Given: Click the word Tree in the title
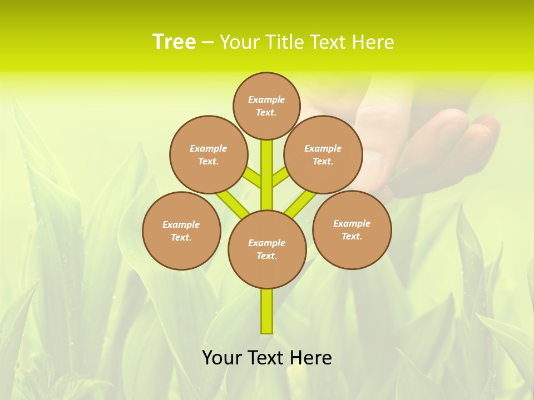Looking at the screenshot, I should click(x=174, y=42).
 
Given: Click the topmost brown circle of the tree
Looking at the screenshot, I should click(x=266, y=106).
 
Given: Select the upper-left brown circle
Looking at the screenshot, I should click(x=208, y=154).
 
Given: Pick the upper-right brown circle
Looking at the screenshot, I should click(x=323, y=154).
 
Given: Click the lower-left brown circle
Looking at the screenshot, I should click(x=181, y=231).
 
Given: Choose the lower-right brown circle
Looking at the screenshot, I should click(x=352, y=229).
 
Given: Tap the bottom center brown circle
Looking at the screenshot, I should click(x=267, y=249).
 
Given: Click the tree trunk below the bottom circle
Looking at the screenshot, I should click(x=267, y=311).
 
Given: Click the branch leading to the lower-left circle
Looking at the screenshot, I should click(x=233, y=203).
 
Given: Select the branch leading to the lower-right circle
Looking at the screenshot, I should click(x=300, y=203).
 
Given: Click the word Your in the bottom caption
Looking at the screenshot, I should click(x=222, y=358).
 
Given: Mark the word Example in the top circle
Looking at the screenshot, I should click(x=266, y=99).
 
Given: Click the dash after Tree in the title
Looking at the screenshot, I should click(x=207, y=42).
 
